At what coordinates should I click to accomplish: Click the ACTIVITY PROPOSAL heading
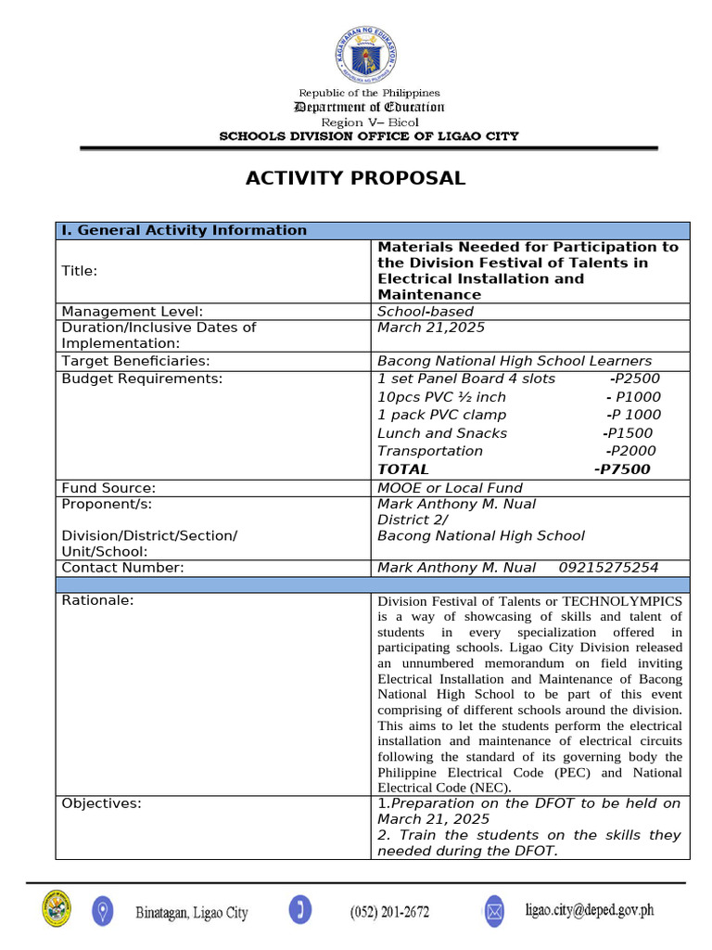coord(355,178)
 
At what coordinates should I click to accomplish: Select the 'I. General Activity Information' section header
coord(184,230)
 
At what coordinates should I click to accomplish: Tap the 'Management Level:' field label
coord(132,312)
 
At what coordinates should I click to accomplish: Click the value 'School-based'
coord(425,312)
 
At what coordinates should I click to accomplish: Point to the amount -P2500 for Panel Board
coord(634,379)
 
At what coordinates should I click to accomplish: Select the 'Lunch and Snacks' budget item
coord(442,433)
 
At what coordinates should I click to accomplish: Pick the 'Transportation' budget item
coord(430,451)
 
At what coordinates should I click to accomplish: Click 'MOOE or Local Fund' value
coord(450,488)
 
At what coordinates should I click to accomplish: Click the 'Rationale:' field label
coord(97,600)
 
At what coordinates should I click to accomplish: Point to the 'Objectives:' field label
coord(101,803)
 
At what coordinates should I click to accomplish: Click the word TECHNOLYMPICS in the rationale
coord(622,601)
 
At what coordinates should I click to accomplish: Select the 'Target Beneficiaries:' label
coord(135,361)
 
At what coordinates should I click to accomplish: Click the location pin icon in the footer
coord(103,910)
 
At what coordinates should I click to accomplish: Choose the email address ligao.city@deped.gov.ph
coord(589,910)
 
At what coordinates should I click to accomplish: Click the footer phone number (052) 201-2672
coord(389,912)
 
